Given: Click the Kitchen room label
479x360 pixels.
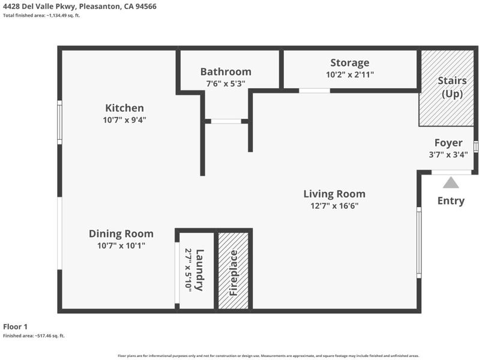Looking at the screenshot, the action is click(124, 108).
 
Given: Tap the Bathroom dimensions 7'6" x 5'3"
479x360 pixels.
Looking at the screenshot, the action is click(226, 83).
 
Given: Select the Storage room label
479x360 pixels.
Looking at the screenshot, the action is click(350, 63).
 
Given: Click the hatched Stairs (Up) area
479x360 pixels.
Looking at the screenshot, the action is click(447, 88).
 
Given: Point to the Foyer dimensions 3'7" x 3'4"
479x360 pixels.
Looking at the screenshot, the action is click(448, 155).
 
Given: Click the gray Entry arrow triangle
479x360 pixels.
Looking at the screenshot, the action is click(451, 182).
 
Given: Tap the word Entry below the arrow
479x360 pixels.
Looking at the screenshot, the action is click(451, 201).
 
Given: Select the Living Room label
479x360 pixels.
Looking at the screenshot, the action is click(334, 194).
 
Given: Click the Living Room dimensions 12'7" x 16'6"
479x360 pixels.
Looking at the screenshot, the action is click(334, 206).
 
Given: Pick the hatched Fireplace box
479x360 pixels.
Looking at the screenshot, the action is click(233, 271).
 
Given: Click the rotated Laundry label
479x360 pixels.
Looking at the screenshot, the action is click(199, 270).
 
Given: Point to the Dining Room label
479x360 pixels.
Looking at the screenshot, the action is click(121, 234).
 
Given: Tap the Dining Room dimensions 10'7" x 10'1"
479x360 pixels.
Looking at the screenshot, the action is click(121, 245).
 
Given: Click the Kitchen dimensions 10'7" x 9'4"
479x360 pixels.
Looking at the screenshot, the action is click(124, 120).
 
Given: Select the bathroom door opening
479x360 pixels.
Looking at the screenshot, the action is click(226, 121).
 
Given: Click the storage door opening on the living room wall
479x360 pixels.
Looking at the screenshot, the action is click(315, 91).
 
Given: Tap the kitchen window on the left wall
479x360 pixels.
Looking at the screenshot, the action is click(59, 122).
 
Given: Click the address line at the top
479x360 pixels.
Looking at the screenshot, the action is click(80, 7).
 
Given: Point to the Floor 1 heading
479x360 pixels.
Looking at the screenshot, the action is click(15, 327).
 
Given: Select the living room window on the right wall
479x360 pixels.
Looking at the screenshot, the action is click(419, 242).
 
